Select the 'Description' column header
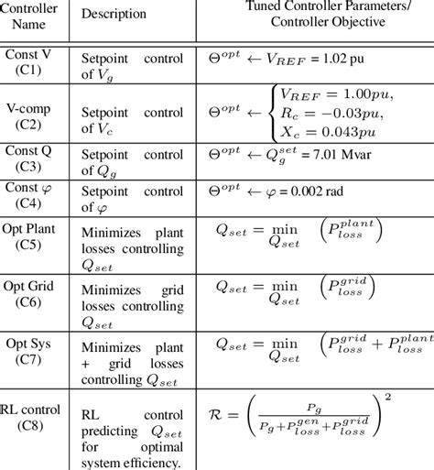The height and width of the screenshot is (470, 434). tap(114, 15)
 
